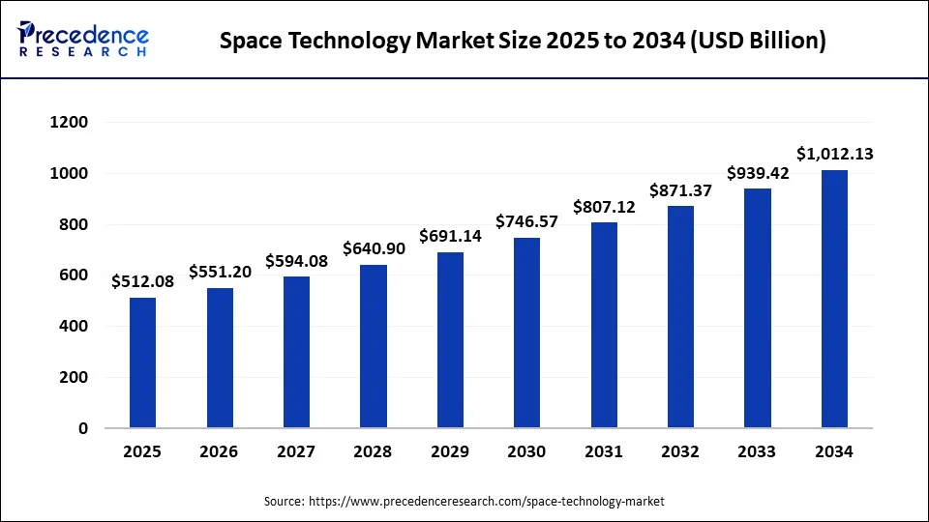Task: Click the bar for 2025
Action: [142, 362]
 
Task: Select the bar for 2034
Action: [834, 299]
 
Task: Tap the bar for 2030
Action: [526, 333]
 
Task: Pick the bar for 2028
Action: [373, 346]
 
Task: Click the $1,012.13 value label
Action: [835, 154]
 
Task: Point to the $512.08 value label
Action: [143, 281]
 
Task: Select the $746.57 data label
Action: [526, 221]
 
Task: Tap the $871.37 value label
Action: [681, 190]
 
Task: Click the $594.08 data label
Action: [296, 261]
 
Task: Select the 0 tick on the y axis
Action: [82, 428]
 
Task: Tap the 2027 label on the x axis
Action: [296, 451]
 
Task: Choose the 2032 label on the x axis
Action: [680, 451]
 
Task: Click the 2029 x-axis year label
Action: [450, 451]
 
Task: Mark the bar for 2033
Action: [758, 308]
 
